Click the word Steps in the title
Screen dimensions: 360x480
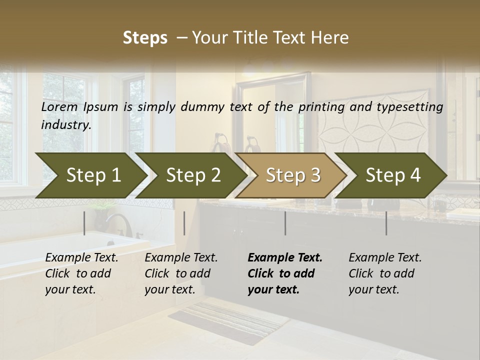(145, 38)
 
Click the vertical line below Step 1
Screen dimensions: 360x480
(84, 223)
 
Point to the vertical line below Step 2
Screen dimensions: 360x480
(184, 223)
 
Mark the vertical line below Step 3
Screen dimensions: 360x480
(285, 223)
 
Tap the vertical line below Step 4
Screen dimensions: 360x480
(386, 223)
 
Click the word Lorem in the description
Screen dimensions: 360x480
(60, 107)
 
